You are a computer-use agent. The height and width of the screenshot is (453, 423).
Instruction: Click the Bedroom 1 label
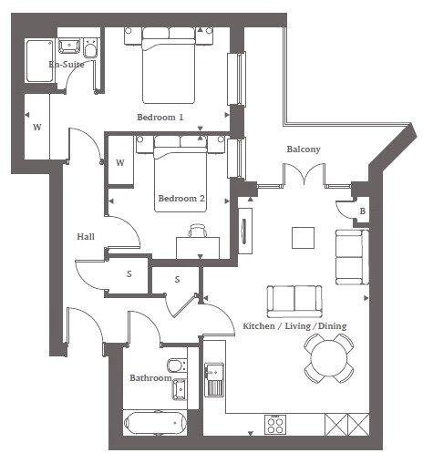point(160,118)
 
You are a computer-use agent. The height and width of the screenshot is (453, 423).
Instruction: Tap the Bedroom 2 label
point(181,198)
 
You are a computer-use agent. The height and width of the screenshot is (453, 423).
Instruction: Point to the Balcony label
point(303,149)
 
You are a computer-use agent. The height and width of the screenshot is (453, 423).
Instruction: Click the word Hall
point(86,236)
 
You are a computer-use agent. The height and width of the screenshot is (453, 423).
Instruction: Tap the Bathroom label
point(150,377)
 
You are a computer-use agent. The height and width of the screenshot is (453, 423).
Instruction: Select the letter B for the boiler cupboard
point(363,212)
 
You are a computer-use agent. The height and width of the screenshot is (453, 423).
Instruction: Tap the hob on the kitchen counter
point(276,425)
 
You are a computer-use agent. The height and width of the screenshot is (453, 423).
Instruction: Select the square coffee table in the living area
point(303,236)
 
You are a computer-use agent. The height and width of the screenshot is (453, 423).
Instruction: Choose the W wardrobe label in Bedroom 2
point(120,163)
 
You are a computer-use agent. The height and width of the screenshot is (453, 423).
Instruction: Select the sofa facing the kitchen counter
point(294,299)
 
